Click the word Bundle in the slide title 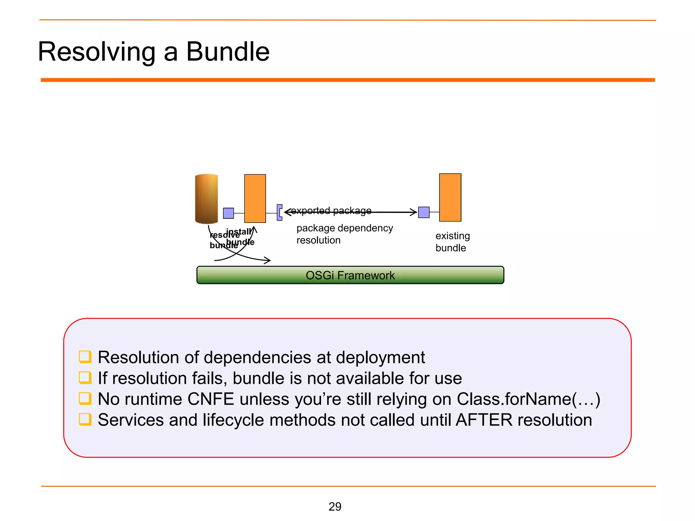pyautogui.click(x=228, y=52)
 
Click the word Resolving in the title pyautogui.click(x=97, y=52)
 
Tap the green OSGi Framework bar pyautogui.click(x=350, y=275)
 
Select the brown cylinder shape pyautogui.click(x=206, y=199)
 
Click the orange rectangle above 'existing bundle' pyautogui.click(x=450, y=197)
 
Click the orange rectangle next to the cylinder pyautogui.click(x=255, y=198)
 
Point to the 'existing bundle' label pyautogui.click(x=452, y=242)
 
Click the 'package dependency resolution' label pyautogui.click(x=344, y=234)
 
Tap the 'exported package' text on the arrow pyautogui.click(x=331, y=211)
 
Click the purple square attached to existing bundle pyautogui.click(x=424, y=212)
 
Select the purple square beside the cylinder pyautogui.click(x=228, y=213)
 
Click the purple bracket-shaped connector pyautogui.click(x=279, y=213)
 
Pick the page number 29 pyautogui.click(x=335, y=506)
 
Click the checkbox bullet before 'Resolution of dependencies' pyautogui.click(x=85, y=357)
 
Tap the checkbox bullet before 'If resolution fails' pyautogui.click(x=85, y=378)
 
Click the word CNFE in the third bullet pyautogui.click(x=210, y=399)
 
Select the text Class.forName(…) pyautogui.click(x=528, y=399)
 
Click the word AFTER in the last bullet pyautogui.click(x=484, y=420)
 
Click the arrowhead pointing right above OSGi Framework pyautogui.click(x=268, y=260)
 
